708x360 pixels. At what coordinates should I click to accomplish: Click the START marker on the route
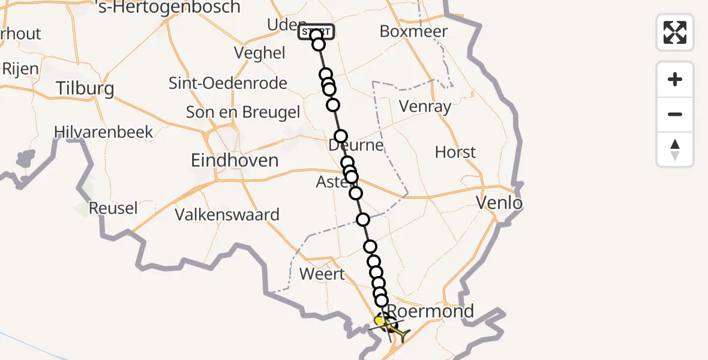tap(316, 31)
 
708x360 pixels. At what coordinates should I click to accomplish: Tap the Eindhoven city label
tap(235, 160)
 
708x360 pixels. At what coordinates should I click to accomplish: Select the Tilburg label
tap(85, 89)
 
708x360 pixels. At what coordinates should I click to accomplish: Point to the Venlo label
tap(499, 203)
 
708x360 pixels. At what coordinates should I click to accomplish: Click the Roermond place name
tap(430, 311)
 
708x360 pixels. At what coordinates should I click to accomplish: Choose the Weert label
tap(322, 274)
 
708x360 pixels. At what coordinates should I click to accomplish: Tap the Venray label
tap(425, 107)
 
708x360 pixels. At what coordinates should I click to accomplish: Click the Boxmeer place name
tap(414, 31)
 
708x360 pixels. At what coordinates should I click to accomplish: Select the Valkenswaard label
tap(227, 214)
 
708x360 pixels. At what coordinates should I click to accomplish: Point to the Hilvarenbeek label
tap(104, 132)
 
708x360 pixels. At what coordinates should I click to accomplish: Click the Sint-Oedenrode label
tap(228, 83)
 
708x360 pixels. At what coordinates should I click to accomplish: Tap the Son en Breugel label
tap(243, 112)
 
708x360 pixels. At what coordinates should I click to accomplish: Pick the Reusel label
tap(113, 208)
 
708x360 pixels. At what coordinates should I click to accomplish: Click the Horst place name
tap(455, 152)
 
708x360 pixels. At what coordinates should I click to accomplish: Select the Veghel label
tap(260, 53)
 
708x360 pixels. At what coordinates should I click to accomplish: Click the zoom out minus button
tap(675, 115)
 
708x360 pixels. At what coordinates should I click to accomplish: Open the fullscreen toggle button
tap(675, 32)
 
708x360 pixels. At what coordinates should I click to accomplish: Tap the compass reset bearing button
tap(675, 149)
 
